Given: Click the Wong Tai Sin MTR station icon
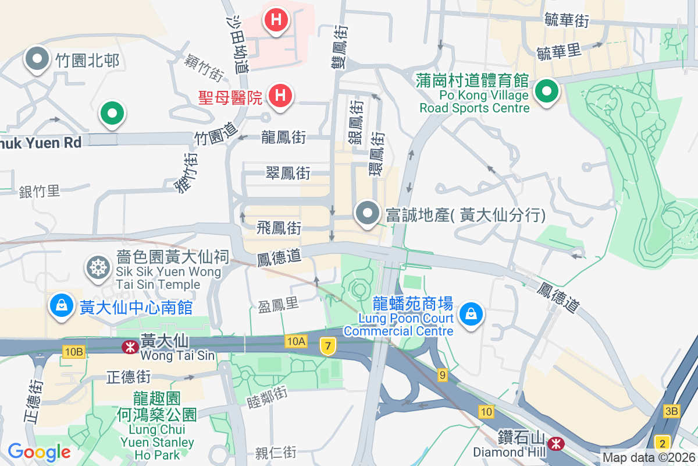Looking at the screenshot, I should [129, 347].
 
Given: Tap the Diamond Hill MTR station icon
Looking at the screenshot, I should [557, 444].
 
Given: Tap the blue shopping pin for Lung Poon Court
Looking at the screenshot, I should [471, 315].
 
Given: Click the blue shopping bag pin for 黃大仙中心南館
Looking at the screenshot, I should [61, 305].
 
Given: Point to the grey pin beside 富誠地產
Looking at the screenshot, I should [368, 213].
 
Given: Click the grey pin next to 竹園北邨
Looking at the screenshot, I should [38, 59].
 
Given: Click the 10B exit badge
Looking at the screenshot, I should [74, 351].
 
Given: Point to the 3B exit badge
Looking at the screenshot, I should [671, 411].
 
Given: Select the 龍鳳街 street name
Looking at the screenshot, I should [284, 137].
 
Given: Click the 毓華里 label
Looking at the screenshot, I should [559, 51].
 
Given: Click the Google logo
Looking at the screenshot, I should [39, 451].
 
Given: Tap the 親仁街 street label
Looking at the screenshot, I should [276, 452].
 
